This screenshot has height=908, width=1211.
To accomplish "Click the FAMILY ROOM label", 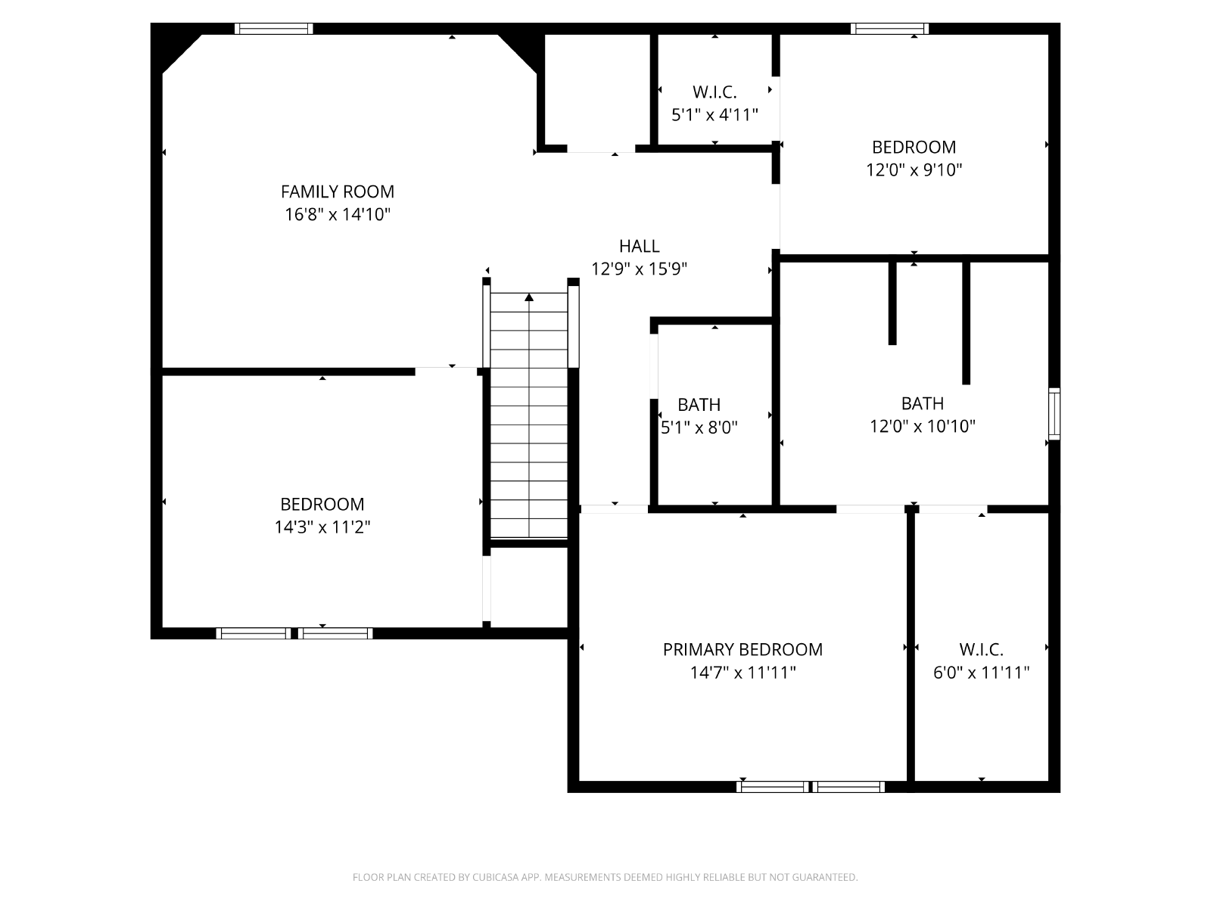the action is [x=337, y=191].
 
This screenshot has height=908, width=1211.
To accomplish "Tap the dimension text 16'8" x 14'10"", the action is [x=337, y=214].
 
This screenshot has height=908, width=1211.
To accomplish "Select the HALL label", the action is [x=639, y=246].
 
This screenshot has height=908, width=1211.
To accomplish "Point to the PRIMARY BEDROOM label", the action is [x=742, y=649].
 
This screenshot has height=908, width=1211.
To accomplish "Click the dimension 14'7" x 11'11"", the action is [x=742, y=673].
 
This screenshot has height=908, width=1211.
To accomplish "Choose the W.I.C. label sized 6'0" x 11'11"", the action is [x=981, y=649].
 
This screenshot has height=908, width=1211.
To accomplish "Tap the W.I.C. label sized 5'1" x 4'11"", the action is [x=714, y=92].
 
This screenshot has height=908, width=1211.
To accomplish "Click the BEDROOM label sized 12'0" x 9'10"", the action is [x=914, y=148].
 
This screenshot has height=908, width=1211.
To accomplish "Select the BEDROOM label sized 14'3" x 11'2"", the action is [x=322, y=504].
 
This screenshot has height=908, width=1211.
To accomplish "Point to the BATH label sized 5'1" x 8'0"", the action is [x=699, y=405].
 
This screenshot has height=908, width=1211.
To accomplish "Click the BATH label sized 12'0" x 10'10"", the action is [x=923, y=403].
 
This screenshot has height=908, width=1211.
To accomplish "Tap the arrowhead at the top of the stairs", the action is [x=529, y=297].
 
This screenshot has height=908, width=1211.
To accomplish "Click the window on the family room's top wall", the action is [x=274, y=29].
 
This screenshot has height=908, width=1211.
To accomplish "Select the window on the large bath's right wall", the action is [x=1054, y=413].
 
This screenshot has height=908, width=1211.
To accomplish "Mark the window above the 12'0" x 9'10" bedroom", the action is [x=889, y=29].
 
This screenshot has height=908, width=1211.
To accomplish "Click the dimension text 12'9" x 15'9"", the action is [x=639, y=269].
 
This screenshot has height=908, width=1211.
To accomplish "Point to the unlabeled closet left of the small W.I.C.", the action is [x=597, y=89].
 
